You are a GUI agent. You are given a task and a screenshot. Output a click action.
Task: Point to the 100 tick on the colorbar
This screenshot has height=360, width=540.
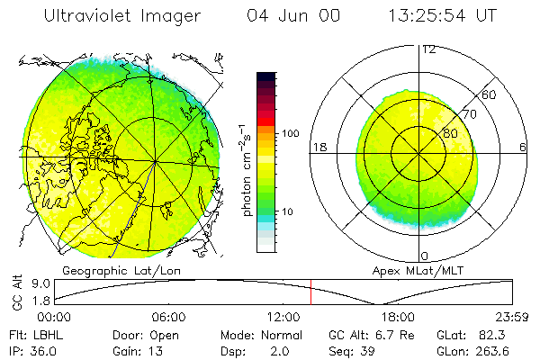(x=291, y=133)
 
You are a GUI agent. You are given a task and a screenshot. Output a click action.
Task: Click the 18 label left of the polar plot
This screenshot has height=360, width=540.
(x=319, y=147)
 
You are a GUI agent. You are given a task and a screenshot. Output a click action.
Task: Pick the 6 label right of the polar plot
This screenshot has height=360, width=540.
(x=523, y=147)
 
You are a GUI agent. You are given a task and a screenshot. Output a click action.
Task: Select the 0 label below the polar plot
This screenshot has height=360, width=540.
(x=425, y=256)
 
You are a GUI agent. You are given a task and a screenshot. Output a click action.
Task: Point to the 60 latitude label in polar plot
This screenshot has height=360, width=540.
(x=490, y=94)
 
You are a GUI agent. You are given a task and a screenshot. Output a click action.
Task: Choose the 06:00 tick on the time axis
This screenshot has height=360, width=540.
(x=168, y=318)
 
